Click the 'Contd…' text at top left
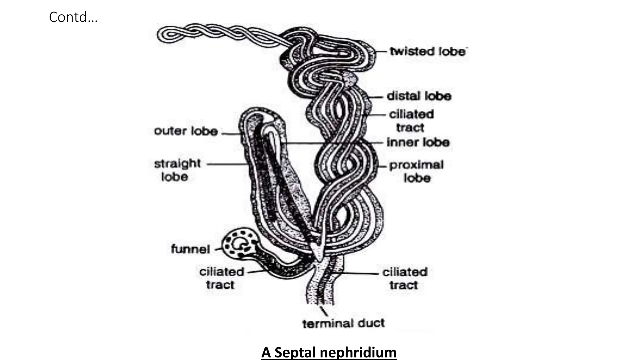tap(73, 17)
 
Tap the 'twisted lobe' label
tap(428, 51)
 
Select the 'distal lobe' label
tap(419, 96)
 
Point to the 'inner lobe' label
tap(418, 142)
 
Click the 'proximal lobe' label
tap(416, 171)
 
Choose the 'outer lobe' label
tap(186, 131)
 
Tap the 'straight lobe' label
tap(177, 170)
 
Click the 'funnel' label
tap(190, 249)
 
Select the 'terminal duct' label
tap(343, 323)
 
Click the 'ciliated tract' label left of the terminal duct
tap(221, 278)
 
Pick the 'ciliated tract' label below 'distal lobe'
tap(411, 121)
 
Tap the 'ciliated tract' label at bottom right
tap(404, 278)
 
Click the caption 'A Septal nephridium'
tap(329, 352)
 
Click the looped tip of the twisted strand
tap(167, 34)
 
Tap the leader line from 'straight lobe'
tap(227, 164)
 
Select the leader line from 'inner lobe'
tap(331, 143)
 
